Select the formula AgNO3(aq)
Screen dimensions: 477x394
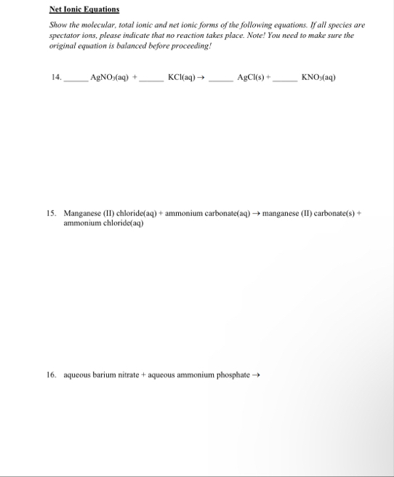[109, 77]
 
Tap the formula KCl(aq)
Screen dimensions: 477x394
[181, 77]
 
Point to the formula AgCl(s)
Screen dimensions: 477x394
[252, 77]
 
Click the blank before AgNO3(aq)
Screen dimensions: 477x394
[75, 79]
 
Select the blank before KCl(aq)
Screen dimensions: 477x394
[151, 79]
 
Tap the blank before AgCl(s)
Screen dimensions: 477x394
[221, 79]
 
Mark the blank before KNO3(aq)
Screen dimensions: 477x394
[285, 79]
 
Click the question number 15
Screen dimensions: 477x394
[51, 215]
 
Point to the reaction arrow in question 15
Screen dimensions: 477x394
[256, 215]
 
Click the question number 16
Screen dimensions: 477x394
[51, 376]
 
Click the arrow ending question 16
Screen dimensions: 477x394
[255, 376]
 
